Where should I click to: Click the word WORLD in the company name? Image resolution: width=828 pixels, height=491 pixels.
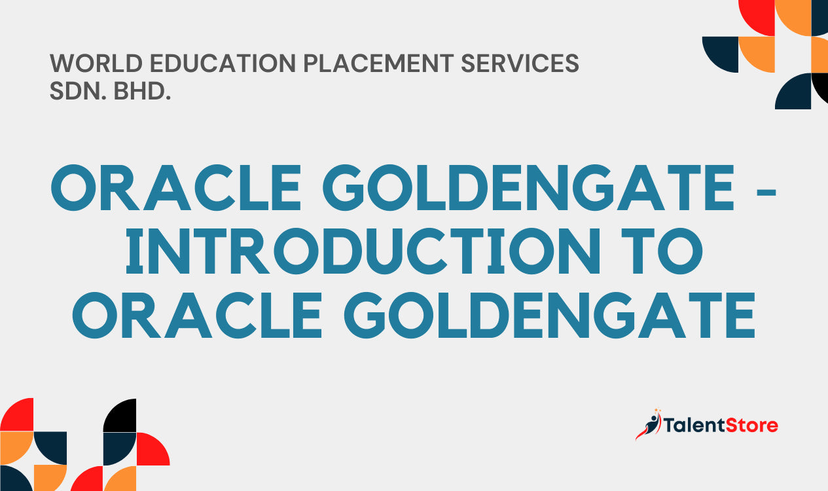tap(96, 64)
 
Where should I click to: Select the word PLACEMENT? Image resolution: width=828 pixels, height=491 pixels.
tap(378, 64)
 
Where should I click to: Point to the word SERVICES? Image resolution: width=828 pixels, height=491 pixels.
tap(520, 64)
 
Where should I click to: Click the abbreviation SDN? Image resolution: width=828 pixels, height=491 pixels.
tap(77, 91)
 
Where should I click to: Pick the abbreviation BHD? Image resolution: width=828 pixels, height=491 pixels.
tap(142, 91)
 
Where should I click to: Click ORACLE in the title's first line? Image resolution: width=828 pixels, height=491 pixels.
tap(176, 187)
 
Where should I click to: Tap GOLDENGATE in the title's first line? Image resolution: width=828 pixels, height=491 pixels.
tap(528, 187)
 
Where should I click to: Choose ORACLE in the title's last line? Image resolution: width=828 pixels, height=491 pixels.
tap(197, 316)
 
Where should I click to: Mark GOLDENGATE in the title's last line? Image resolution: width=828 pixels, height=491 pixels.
tap(550, 316)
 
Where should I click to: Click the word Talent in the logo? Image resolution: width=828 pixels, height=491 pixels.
tap(694, 425)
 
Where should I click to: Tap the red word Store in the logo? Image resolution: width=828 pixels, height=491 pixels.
tap(752, 425)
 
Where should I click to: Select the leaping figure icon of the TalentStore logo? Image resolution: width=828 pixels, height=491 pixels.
tap(649, 424)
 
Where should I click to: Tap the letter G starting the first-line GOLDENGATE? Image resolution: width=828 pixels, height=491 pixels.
tap(344, 187)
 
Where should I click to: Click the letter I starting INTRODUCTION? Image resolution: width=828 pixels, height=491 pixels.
tap(135, 251)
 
